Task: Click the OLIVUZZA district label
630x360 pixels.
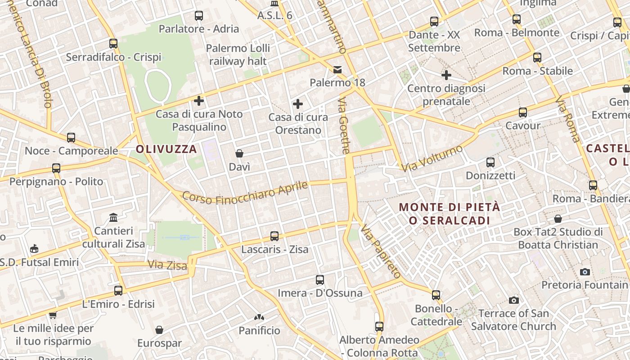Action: (166, 149)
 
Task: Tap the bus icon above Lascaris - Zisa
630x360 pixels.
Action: (274, 236)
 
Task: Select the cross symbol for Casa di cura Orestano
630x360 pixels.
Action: (297, 104)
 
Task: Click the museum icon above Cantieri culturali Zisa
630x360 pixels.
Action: (113, 218)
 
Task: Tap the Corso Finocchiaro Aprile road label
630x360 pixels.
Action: (245, 193)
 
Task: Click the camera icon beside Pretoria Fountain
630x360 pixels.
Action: (585, 271)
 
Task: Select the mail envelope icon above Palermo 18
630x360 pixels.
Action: (337, 70)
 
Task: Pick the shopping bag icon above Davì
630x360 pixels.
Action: (239, 153)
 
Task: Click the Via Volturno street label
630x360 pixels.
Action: (432, 158)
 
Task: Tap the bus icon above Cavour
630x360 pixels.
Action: (522, 112)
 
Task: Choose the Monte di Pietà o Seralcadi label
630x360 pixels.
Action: (449, 214)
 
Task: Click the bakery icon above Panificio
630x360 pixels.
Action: (259, 317)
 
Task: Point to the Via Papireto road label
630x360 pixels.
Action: (381, 251)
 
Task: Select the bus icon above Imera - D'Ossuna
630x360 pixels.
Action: (319, 280)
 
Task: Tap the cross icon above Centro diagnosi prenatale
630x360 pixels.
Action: (446, 75)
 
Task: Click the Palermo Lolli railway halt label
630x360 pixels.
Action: (238, 54)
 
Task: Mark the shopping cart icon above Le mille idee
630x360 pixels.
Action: (53, 315)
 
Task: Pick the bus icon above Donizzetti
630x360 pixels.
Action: (490, 162)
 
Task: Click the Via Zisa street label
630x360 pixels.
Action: (167, 265)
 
